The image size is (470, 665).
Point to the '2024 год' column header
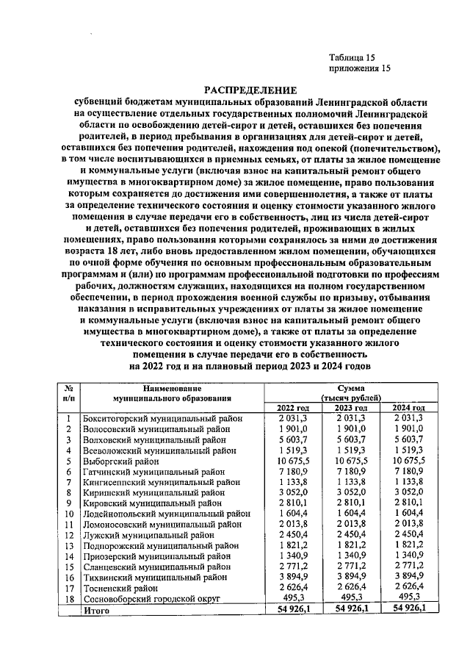(408, 408)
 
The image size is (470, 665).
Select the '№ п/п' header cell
(68, 392)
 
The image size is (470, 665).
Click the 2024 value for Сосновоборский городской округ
(408, 599)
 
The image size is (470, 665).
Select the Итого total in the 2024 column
(408, 610)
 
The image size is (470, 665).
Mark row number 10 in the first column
(68, 514)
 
